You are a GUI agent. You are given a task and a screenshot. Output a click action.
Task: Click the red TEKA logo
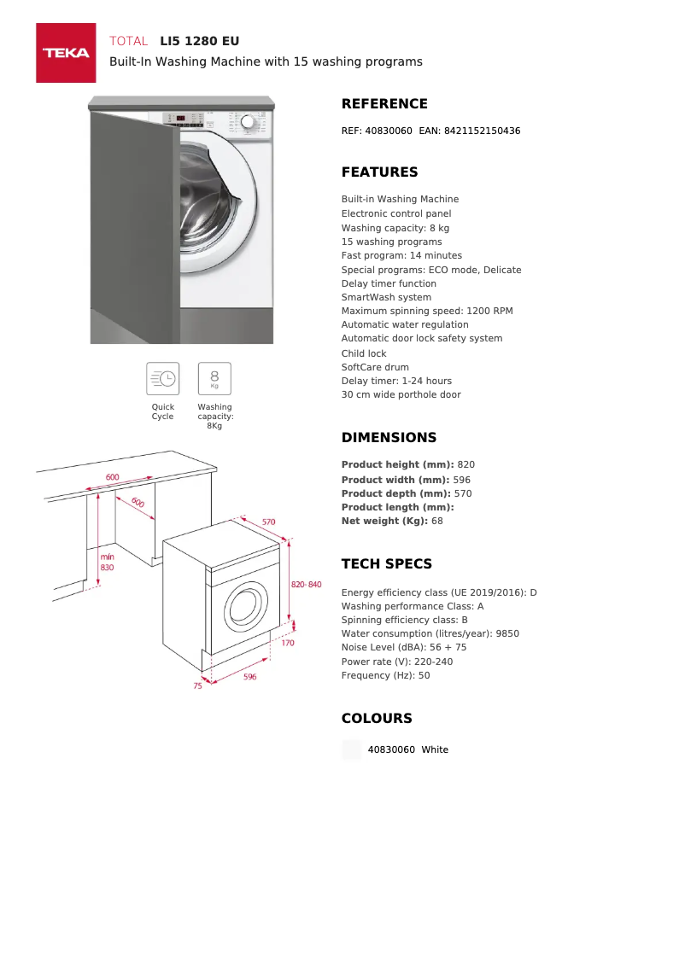pyautogui.click(x=66, y=53)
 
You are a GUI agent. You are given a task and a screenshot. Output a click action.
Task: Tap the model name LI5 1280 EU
pyautogui.click(x=200, y=41)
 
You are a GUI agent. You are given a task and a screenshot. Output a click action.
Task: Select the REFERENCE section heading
pyautogui.click(x=384, y=104)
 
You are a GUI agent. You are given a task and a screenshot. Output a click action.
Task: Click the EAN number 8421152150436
pyautogui.click(x=482, y=131)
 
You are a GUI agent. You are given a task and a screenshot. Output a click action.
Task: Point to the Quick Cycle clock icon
pyautogui.click(x=162, y=378)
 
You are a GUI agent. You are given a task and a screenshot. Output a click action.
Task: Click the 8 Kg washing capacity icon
pyautogui.click(x=214, y=378)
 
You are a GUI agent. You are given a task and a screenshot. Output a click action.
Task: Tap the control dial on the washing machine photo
pyautogui.click(x=248, y=122)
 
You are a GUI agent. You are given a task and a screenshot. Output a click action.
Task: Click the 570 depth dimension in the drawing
pyautogui.click(x=268, y=522)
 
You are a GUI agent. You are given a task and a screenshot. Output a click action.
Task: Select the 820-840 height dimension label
pyautogui.click(x=306, y=584)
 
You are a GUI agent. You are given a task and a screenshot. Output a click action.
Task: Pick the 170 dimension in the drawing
pyautogui.click(x=288, y=643)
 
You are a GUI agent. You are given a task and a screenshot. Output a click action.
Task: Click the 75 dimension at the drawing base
pyautogui.click(x=197, y=685)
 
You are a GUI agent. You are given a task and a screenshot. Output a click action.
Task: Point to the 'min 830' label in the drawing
pyautogui.click(x=107, y=562)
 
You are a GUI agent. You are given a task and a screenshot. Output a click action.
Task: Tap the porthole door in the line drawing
pyautogui.click(x=246, y=605)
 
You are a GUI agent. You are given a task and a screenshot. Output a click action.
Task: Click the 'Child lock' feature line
pyautogui.click(x=364, y=353)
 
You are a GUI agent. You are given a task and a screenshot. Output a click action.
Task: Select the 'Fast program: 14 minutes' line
pyautogui.click(x=401, y=255)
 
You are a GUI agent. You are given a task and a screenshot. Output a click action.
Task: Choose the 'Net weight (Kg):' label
pyautogui.click(x=384, y=521)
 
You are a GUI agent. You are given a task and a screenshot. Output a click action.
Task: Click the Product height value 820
pyautogui.click(x=466, y=464)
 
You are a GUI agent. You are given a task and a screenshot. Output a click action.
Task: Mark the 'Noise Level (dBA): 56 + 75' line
pyautogui.click(x=404, y=647)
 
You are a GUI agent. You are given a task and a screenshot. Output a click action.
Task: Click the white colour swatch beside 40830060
pyautogui.click(x=352, y=749)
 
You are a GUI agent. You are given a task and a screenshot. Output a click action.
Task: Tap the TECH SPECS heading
pyautogui.click(x=387, y=564)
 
